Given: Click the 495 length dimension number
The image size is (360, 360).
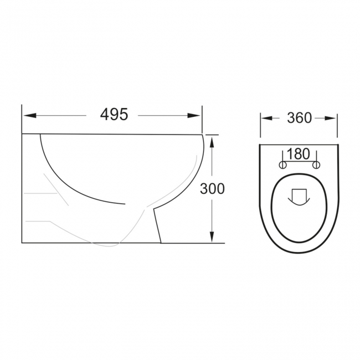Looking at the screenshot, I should coord(114,114).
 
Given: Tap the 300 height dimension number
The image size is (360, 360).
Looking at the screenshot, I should coord(212,188).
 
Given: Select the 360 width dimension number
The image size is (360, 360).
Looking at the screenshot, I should coord(299,117).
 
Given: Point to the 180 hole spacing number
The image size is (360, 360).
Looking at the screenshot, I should coord(299,153).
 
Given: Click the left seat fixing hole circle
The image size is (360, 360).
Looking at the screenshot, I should coord(281,164).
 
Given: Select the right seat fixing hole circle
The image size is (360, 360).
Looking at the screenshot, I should coord(316,164).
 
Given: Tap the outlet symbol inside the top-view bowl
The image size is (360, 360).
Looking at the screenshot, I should coord(299,196).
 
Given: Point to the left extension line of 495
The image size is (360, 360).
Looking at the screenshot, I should coord(22,119).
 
